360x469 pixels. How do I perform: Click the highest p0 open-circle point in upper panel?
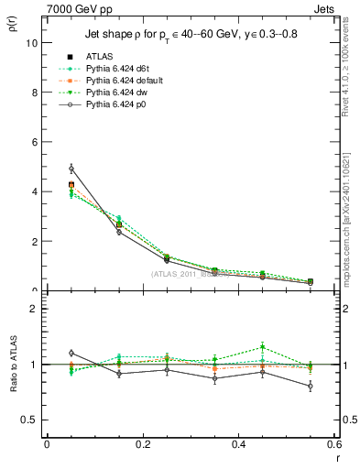[71, 169]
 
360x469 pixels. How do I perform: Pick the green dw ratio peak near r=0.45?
[263, 347]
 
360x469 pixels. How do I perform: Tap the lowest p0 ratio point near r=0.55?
[311, 386]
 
